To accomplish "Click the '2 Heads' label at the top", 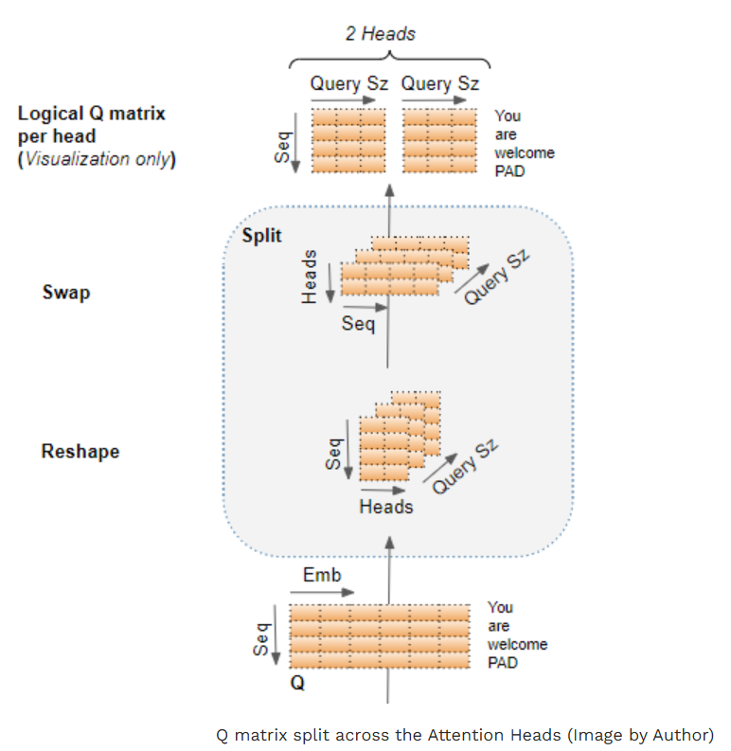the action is tap(381, 34).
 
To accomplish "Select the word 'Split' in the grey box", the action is tap(261, 235).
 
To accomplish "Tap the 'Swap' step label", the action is tap(66, 293).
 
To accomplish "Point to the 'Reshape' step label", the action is tap(80, 452).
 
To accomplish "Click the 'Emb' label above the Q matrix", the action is tap(322, 575).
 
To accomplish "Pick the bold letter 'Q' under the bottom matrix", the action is tap(297, 683).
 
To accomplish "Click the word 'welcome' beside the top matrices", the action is tap(525, 152).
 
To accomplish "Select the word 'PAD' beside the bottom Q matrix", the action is tap(503, 663).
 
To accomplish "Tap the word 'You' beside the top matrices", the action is tap(508, 116).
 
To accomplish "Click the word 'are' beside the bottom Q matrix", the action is tap(499, 626).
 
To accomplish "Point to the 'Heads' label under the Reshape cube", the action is tap(386, 507).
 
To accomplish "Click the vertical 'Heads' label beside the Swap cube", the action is tap(310, 277).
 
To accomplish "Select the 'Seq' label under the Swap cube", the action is tap(358, 324).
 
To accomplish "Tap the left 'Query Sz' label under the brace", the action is tap(348, 84).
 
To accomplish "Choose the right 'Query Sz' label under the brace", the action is tap(439, 84).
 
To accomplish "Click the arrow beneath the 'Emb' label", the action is tap(322, 593).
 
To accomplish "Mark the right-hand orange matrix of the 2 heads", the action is tap(439, 140).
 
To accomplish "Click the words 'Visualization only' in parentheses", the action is tap(98, 159).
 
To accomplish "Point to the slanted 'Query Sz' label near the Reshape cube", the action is tap(465, 466).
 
